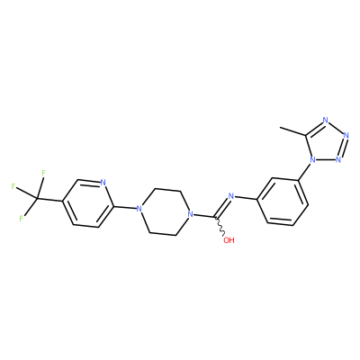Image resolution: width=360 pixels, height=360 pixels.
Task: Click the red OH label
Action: point(229,240)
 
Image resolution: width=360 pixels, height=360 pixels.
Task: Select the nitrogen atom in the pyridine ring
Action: point(103,183)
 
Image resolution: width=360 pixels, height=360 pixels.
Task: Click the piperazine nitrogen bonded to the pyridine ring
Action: point(139,208)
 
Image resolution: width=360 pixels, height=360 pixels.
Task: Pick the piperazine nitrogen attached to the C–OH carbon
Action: point(189,215)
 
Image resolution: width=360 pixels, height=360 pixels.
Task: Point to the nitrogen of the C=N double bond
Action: point(230,197)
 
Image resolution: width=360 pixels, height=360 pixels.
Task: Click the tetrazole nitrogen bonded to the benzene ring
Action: point(312,159)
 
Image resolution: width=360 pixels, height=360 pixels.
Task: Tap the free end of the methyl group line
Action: point(280,128)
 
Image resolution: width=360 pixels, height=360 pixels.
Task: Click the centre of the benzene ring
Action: point(282,202)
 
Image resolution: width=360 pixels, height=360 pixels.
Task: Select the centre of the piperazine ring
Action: point(164,211)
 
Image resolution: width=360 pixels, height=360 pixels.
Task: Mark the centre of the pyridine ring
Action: point(87,203)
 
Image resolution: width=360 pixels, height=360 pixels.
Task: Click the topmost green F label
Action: point(44,173)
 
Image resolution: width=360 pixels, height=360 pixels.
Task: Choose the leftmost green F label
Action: point(13,186)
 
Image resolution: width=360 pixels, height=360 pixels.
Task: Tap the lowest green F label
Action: point(22,218)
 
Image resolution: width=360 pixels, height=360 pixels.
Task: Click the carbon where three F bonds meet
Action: point(37,199)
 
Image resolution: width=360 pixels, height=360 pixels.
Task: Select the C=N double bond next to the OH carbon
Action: point(222,207)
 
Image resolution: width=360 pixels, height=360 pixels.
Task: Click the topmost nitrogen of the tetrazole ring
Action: point(326,121)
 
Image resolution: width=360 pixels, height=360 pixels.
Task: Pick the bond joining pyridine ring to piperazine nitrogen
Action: point(124,208)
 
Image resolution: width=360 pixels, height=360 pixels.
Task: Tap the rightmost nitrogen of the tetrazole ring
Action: point(346,135)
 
